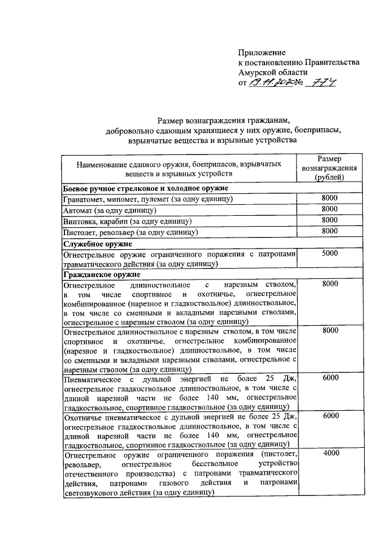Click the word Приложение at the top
[261, 53]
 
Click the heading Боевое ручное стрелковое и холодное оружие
[143, 188]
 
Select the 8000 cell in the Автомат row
[330, 209]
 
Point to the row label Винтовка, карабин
[128, 221]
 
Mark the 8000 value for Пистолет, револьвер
[330, 230]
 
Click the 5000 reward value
[330, 253]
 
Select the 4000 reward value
[330, 454]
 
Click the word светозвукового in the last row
[92, 493]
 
